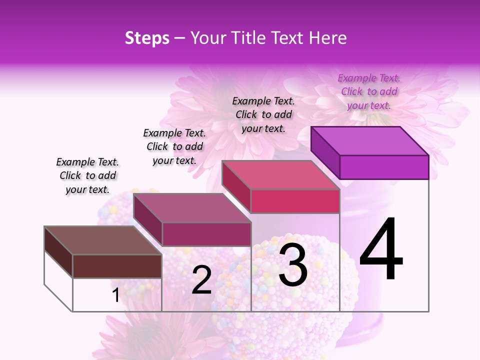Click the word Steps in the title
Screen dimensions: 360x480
tap(147, 38)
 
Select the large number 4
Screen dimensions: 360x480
tap(381, 250)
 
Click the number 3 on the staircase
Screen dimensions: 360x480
tap(293, 264)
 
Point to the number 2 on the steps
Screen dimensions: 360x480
tap(201, 280)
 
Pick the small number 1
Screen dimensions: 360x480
tap(116, 295)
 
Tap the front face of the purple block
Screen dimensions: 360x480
tap(384, 167)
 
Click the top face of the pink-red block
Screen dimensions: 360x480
tap(280, 175)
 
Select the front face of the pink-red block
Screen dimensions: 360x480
tap(295, 201)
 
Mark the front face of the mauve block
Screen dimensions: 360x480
tap(206, 234)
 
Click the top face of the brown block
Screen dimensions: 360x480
tap(103, 240)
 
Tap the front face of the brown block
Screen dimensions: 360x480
tap(117, 266)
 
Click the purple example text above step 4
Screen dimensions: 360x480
tap(369, 92)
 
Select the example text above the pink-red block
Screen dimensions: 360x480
tap(263, 114)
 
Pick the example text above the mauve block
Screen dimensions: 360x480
tap(174, 146)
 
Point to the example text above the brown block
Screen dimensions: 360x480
tap(87, 175)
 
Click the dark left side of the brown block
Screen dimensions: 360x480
tap(58, 252)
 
